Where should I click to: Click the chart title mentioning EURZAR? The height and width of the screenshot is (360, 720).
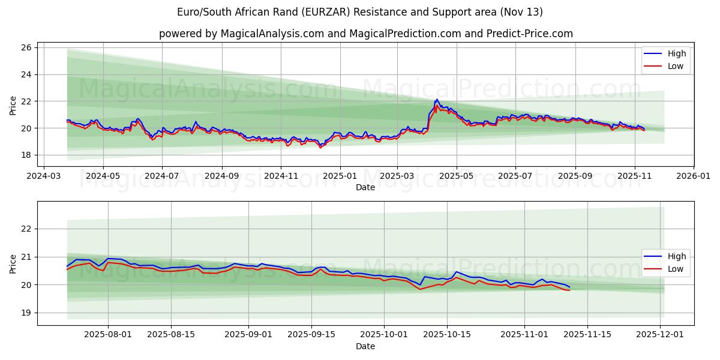[360, 12]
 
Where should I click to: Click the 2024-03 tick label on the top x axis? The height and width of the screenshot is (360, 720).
[44, 177]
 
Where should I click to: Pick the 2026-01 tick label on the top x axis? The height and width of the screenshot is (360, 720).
[694, 177]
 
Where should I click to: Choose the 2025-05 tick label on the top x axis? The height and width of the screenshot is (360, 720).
[457, 177]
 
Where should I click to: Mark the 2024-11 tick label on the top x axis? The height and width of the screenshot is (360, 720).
[281, 177]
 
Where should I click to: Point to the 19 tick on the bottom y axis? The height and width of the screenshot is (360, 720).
[28, 313]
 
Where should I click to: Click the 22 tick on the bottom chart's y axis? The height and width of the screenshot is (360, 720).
[28, 229]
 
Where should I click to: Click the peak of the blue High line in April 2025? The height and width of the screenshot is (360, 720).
[437, 100]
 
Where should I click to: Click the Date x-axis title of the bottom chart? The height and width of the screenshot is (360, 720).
[365, 346]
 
